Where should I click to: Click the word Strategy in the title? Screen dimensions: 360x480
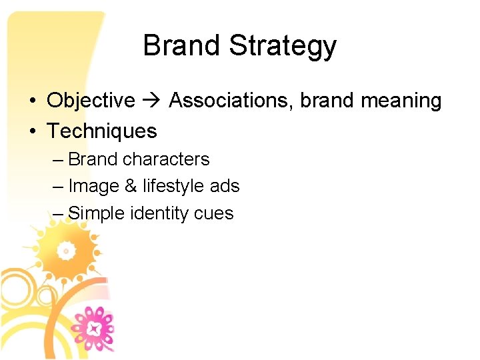(283, 47)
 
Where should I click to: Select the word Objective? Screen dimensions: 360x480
(91, 101)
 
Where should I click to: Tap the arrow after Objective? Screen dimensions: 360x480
(152, 101)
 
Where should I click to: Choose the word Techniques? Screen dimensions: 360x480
(102, 131)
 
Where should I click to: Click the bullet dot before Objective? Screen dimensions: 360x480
(32, 101)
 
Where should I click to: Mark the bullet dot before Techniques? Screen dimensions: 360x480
(32, 132)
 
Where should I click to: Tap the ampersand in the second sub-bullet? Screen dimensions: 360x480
(130, 187)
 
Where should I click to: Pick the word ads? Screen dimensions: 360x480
(225, 187)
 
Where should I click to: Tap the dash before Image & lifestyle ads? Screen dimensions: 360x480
(57, 187)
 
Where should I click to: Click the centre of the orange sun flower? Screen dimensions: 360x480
(66, 251)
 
